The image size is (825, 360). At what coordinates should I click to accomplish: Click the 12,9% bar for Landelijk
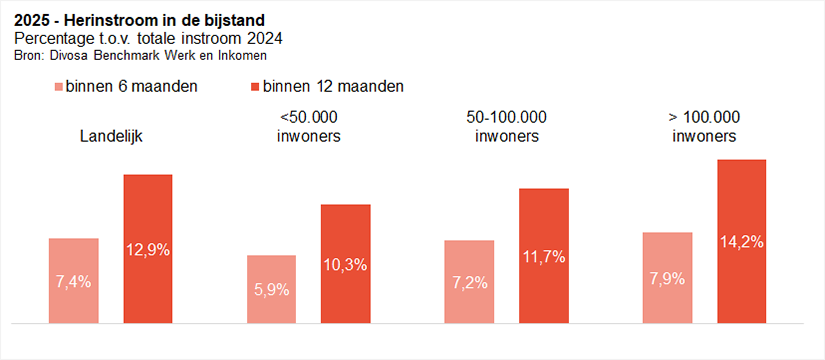click(148, 249)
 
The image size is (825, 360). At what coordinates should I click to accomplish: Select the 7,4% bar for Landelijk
click(74, 281)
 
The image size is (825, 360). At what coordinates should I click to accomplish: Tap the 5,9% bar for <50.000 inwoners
click(271, 289)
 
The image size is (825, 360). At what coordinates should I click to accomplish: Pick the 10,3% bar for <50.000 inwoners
click(345, 264)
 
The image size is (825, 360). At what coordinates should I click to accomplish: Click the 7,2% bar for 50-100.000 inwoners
click(469, 282)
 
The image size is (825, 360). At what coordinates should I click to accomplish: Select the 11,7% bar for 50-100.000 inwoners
click(543, 256)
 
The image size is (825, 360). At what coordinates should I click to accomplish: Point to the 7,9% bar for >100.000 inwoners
click(667, 278)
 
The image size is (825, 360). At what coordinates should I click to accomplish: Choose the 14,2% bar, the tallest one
click(741, 241)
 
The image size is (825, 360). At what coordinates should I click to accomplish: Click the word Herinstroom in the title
click(103, 20)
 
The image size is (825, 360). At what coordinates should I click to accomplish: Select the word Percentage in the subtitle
click(51, 38)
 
